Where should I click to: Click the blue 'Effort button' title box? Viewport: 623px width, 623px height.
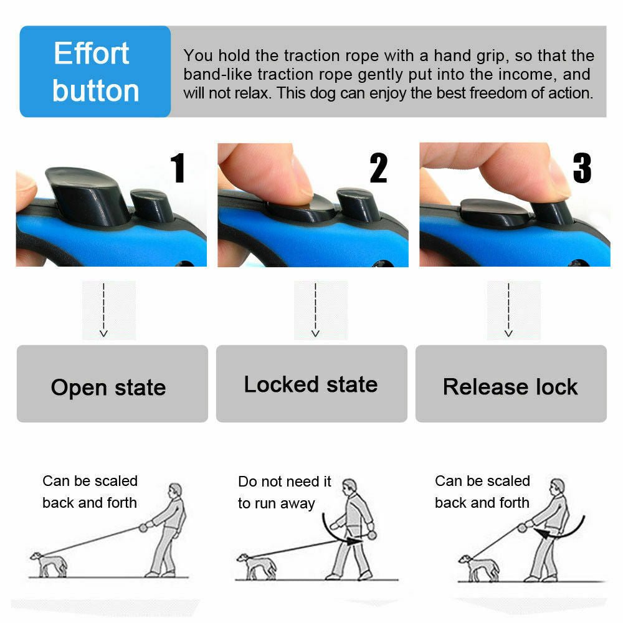[x=95, y=72]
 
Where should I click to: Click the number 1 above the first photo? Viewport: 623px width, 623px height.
[x=178, y=168]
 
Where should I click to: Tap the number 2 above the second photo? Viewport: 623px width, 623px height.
[x=378, y=168]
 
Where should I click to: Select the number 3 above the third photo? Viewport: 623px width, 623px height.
[x=581, y=168]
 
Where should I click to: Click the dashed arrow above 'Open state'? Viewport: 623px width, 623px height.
[x=104, y=310]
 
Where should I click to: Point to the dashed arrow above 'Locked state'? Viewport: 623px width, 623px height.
[x=316, y=310]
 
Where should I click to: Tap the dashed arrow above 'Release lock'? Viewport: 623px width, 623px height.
[x=508, y=310]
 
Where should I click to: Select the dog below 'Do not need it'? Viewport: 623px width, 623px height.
[x=255, y=566]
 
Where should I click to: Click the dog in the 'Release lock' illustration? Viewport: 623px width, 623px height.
[x=478, y=567]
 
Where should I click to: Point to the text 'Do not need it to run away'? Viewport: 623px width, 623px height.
[x=285, y=492]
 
